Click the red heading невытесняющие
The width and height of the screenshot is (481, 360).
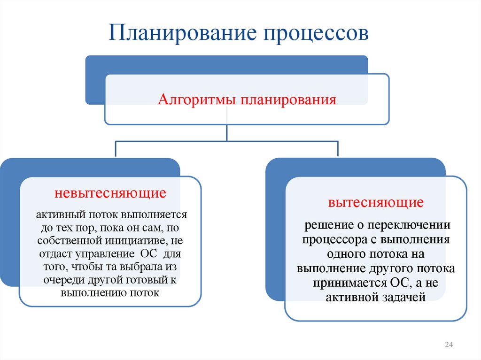(x=111, y=192)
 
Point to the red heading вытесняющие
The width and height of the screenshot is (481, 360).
(x=376, y=203)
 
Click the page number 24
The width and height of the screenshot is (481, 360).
(x=448, y=345)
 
